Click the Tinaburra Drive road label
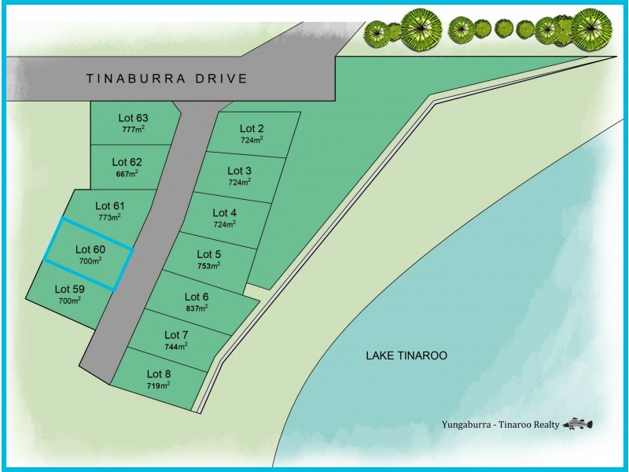click(167, 79)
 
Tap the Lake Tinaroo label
click(406, 356)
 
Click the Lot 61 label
click(110, 206)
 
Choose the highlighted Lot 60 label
click(90, 249)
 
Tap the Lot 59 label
click(70, 289)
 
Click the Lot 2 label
click(252, 128)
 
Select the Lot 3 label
click(240, 171)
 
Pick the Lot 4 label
click(225, 212)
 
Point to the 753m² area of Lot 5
click(208, 266)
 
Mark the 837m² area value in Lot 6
click(197, 308)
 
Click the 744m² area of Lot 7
click(176, 346)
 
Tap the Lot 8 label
click(159, 374)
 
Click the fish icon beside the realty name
click(578, 424)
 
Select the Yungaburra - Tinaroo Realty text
click(500, 425)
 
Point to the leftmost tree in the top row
click(375, 32)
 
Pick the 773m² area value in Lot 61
click(110, 217)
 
